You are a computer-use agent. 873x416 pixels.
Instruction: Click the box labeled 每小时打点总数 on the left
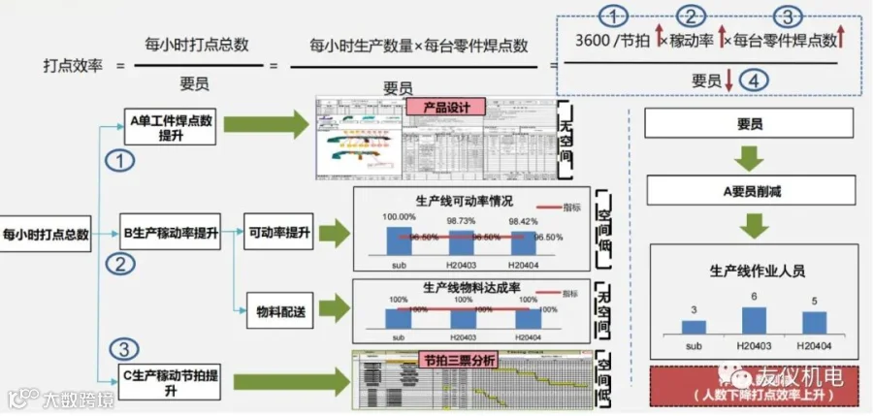[x=46, y=234]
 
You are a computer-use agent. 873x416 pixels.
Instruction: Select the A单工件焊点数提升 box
[x=171, y=127]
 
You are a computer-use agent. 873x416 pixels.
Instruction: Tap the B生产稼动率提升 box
[x=171, y=234]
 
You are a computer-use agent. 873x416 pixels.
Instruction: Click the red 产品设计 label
[x=439, y=107]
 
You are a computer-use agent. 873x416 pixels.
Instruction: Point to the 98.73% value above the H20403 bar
[x=463, y=220]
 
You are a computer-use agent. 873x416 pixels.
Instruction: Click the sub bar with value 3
[x=694, y=328]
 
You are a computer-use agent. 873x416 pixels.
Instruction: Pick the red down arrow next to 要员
[x=728, y=82]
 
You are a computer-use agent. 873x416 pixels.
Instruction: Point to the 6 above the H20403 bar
[x=753, y=297]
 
